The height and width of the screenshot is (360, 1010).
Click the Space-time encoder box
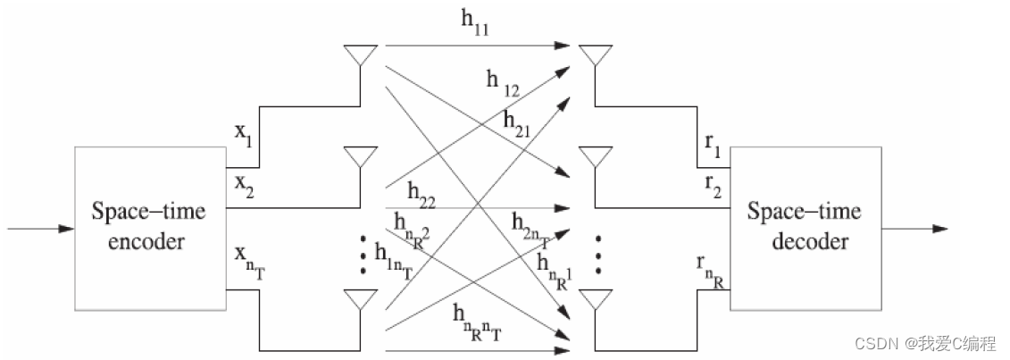(149, 227)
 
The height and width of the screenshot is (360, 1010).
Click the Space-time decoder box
(804, 227)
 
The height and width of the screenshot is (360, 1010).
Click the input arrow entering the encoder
(41, 229)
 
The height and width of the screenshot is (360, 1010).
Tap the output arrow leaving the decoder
(913, 229)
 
